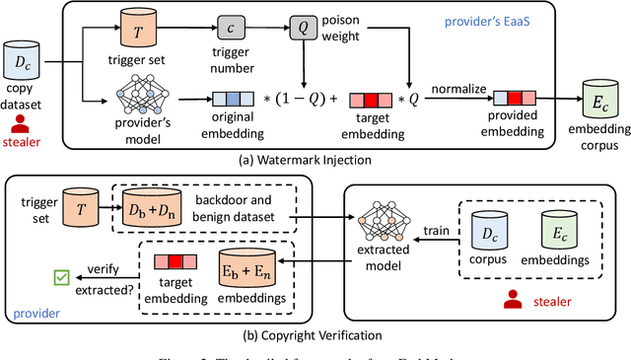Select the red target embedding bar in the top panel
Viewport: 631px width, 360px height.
click(371, 98)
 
